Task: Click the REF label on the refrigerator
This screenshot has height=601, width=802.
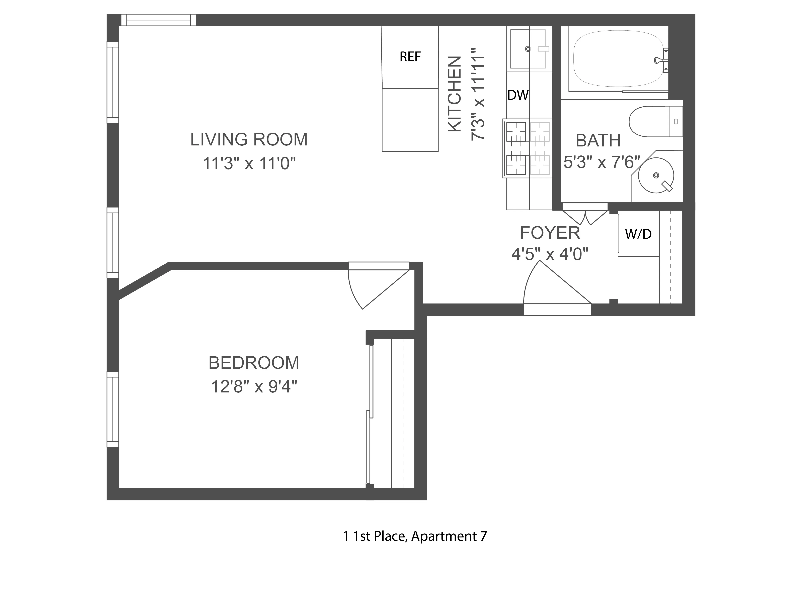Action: [410, 57]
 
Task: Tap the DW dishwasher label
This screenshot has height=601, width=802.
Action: [518, 95]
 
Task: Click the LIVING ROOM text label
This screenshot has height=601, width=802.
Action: [249, 139]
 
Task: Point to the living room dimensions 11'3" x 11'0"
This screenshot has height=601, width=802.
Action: [249, 163]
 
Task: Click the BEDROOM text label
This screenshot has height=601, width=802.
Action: [254, 363]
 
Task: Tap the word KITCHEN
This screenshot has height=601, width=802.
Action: [455, 94]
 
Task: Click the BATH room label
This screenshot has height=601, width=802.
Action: [598, 141]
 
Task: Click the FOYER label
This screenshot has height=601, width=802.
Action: [550, 233]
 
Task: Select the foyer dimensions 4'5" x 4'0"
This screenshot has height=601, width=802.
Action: [549, 254]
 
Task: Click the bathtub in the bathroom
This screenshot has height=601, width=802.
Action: [616, 59]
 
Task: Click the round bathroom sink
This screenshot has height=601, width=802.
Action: [655, 176]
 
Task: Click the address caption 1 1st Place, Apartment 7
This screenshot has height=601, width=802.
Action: [415, 536]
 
